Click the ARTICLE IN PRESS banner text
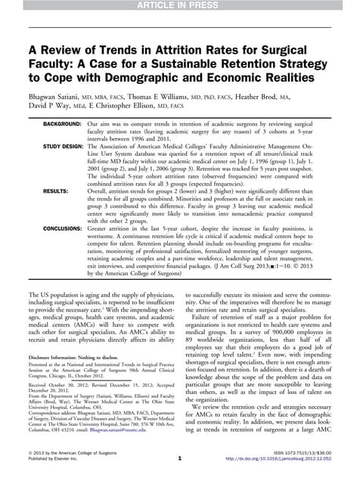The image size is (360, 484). click(x=180, y=7)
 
